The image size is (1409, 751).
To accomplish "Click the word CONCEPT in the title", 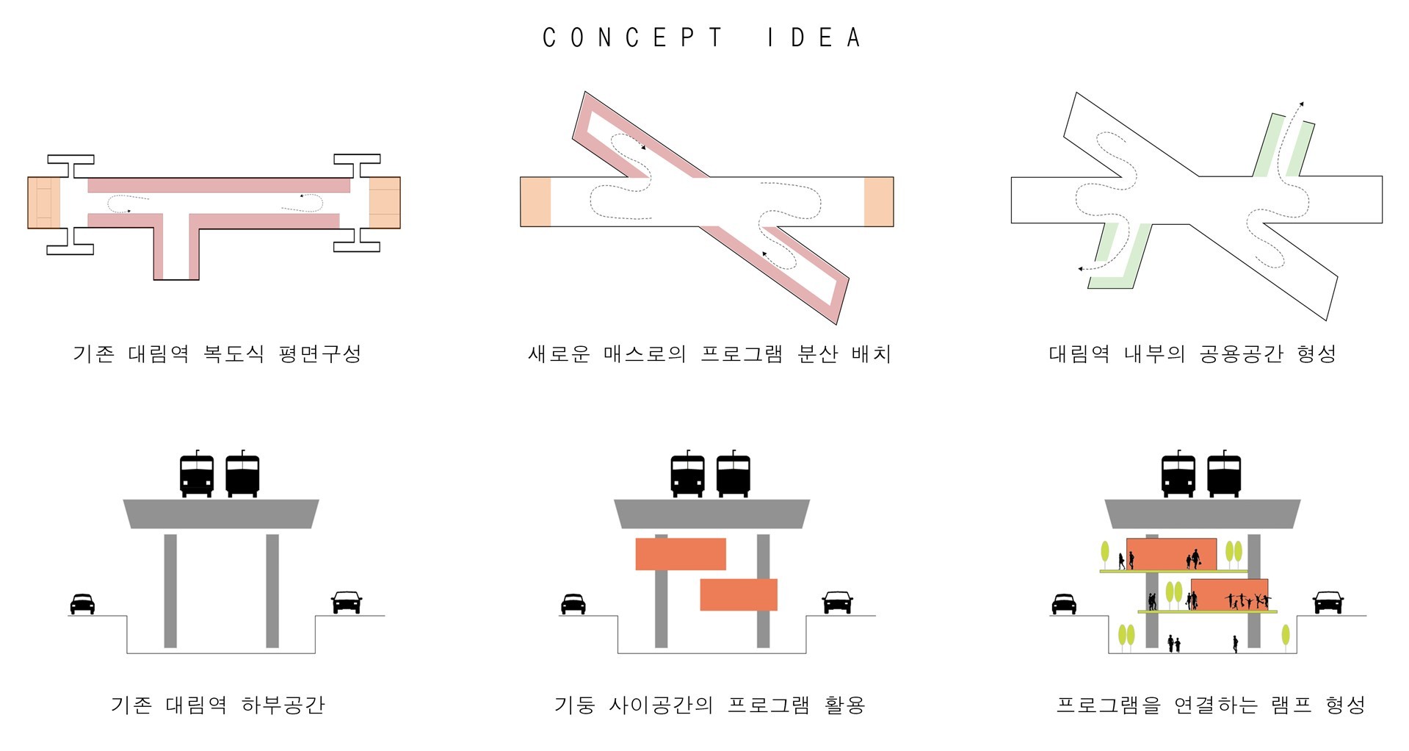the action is pyautogui.click(x=632, y=37).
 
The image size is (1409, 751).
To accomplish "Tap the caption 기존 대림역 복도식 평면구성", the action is pyautogui.click(x=217, y=353).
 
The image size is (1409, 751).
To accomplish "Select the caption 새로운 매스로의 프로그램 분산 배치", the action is pyautogui.click(x=709, y=353).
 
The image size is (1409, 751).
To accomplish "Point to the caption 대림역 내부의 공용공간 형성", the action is pyautogui.click(x=1192, y=353).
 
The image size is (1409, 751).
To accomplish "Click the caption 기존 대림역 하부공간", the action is pyautogui.click(x=217, y=705).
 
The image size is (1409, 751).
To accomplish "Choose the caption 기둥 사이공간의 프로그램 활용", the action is pyautogui.click(x=709, y=705).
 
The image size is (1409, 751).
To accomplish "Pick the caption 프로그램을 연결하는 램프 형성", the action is pyautogui.click(x=1211, y=705).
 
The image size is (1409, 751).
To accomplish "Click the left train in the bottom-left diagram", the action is pyautogui.click(x=197, y=474).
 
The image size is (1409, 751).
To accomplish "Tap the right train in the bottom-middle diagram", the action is pyautogui.click(x=733, y=474).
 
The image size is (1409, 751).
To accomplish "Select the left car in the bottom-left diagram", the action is pyautogui.click(x=82, y=604).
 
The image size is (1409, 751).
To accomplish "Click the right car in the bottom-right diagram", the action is pyautogui.click(x=1327, y=603).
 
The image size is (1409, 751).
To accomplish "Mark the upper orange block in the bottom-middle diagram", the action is pyautogui.click(x=681, y=554).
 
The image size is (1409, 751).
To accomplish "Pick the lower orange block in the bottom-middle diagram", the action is pyautogui.click(x=739, y=594).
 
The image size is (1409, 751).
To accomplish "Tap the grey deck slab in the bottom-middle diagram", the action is pyautogui.click(x=711, y=514).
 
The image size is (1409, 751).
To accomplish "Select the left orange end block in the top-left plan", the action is pyautogui.click(x=44, y=203).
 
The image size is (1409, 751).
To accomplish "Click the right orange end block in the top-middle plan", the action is pyautogui.click(x=879, y=201).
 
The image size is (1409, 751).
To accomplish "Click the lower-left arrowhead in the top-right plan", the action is pyautogui.click(x=1081, y=269).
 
